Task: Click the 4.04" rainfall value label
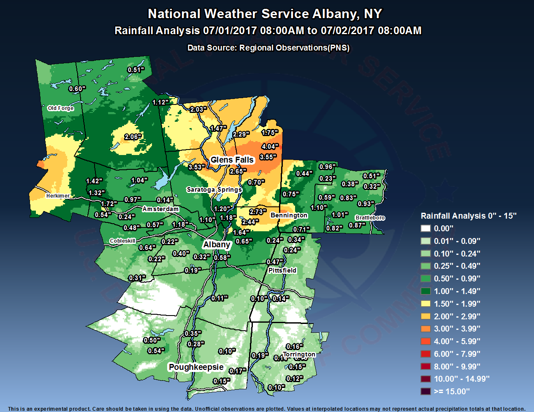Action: point(270,147)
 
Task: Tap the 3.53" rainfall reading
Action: point(196,167)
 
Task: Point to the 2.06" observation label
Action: point(133,137)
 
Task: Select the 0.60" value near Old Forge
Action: point(77,89)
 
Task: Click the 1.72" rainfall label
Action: point(109,204)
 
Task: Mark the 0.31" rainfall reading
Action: point(137,278)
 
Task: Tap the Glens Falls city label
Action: point(232,160)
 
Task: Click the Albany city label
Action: point(217,244)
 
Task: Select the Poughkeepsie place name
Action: point(196,367)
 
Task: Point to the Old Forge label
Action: point(61,108)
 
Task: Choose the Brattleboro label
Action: point(370,218)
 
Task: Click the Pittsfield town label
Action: point(282,270)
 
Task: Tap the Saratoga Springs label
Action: point(214,190)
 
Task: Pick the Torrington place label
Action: point(299,354)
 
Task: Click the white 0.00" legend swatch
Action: point(426,228)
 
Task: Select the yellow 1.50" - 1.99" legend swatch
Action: point(426,304)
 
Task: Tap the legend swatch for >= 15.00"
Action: point(426,391)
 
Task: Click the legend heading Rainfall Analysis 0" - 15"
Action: point(469,216)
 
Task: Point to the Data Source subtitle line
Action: point(268,48)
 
